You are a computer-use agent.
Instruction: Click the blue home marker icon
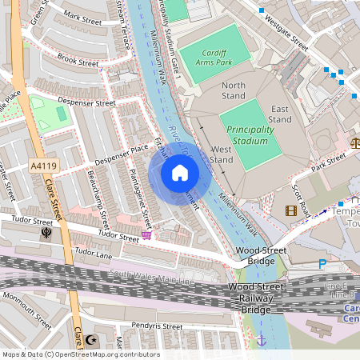tap(180, 173)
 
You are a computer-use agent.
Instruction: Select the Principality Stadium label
tap(250, 134)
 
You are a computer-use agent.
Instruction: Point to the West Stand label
tap(221, 154)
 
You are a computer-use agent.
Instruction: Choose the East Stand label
tap(280, 114)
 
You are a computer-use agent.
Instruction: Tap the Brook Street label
tap(78, 62)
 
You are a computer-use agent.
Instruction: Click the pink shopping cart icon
tap(146, 235)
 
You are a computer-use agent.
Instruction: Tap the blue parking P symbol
tap(322, 264)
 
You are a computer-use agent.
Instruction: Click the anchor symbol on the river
tap(260, 340)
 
